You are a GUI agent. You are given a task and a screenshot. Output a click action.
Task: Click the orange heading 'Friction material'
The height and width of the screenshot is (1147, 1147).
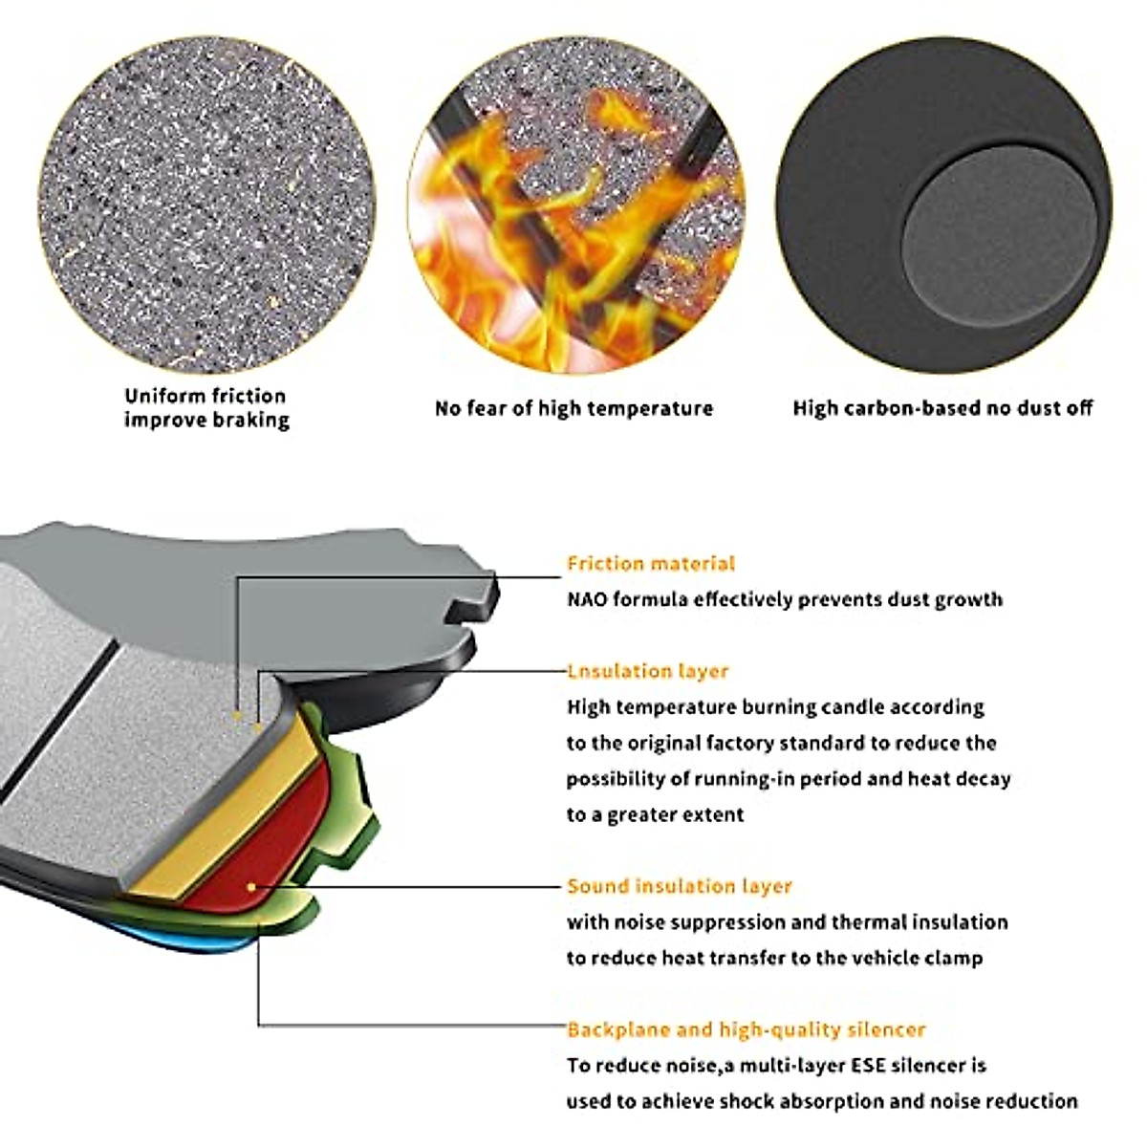651,564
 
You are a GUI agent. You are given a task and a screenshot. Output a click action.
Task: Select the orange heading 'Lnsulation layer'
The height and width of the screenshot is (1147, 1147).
648,671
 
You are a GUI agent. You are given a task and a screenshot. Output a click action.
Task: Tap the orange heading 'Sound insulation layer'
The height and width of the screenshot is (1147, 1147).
680,886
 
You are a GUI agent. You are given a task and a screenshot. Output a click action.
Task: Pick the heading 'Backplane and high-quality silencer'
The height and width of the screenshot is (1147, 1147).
747,1029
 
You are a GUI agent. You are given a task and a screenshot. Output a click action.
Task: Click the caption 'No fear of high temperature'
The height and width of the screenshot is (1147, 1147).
573,409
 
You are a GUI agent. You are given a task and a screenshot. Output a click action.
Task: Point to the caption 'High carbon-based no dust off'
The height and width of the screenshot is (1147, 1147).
942,409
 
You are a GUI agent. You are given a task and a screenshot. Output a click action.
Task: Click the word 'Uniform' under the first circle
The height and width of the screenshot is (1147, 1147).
164,396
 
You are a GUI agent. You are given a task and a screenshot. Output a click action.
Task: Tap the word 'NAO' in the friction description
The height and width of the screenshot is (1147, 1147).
587,600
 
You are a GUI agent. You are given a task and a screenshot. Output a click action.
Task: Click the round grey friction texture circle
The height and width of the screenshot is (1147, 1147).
206,206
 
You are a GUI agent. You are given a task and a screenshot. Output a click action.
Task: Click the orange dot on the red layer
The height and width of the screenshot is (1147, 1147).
251,887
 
